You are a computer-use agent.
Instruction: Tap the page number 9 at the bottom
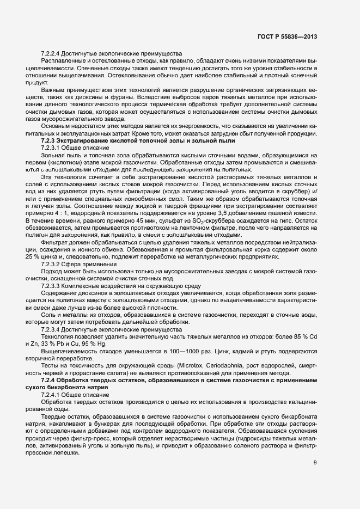[315, 448]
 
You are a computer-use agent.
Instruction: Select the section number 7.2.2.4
[52, 54]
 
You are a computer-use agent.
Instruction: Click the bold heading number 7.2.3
[50, 141]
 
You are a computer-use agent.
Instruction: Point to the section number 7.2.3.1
[52, 148]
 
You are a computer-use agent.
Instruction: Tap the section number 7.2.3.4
[52, 329]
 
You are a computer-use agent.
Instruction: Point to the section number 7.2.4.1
[52, 393]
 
